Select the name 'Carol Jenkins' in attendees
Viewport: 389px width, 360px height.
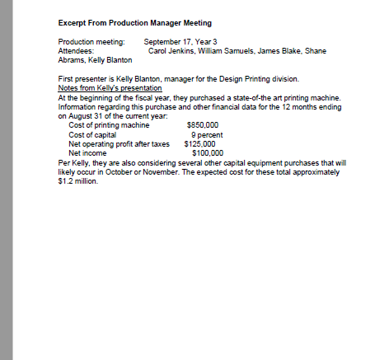click(169, 50)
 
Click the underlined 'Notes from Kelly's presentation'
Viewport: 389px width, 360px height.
click(110, 87)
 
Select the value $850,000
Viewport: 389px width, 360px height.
click(203, 124)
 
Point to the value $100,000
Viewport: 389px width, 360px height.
click(206, 152)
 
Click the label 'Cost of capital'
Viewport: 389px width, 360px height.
click(92, 133)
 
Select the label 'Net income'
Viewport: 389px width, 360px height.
click(87, 152)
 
